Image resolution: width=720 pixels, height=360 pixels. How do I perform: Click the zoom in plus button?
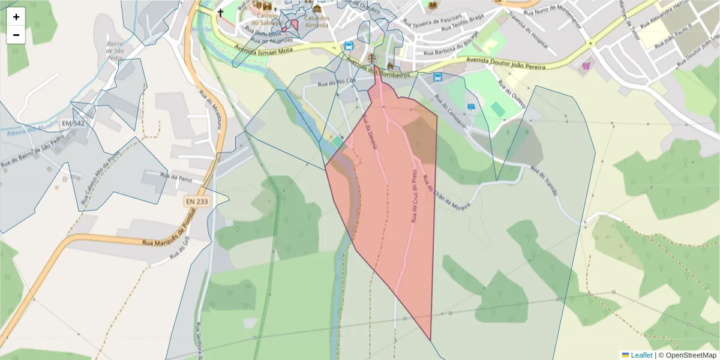pos(16,17)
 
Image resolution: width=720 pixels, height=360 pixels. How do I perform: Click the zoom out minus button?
pos(16,35)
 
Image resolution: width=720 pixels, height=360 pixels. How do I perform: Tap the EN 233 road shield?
pos(196,202)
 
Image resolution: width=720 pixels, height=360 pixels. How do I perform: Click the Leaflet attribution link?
pos(641,355)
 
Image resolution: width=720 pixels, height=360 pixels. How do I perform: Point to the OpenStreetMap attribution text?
pos(691,355)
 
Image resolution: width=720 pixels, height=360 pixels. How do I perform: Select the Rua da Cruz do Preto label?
pos(413,196)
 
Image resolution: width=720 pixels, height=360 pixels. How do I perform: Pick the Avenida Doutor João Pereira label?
pos(500,63)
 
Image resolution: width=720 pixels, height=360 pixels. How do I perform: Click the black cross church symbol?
pos(220,12)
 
